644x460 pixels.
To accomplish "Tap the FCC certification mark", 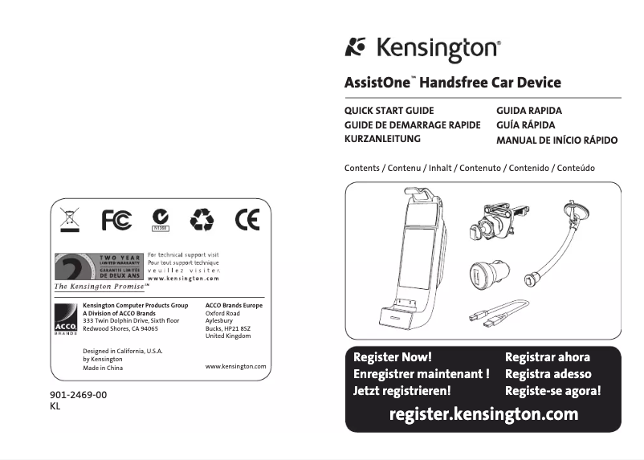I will pyautogui.click(x=116, y=219).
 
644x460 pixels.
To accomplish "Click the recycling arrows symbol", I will pyautogui.click(x=202, y=219).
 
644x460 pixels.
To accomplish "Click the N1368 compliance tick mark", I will pyautogui.click(x=161, y=218).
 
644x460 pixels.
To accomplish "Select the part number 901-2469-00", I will pyautogui.click(x=78, y=395).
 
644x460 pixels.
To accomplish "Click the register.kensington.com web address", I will pyautogui.click(x=483, y=414).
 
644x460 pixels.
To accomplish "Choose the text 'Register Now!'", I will pyautogui.click(x=393, y=357).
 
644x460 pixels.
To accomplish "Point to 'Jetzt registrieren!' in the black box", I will pyautogui.click(x=402, y=391).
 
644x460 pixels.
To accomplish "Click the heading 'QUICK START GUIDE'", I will pyautogui.click(x=389, y=111).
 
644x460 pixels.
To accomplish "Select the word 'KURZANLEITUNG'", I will pyautogui.click(x=382, y=139).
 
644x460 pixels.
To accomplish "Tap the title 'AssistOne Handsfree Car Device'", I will pyautogui.click(x=452, y=83).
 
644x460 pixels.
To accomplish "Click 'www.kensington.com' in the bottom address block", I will pyautogui.click(x=236, y=366).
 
